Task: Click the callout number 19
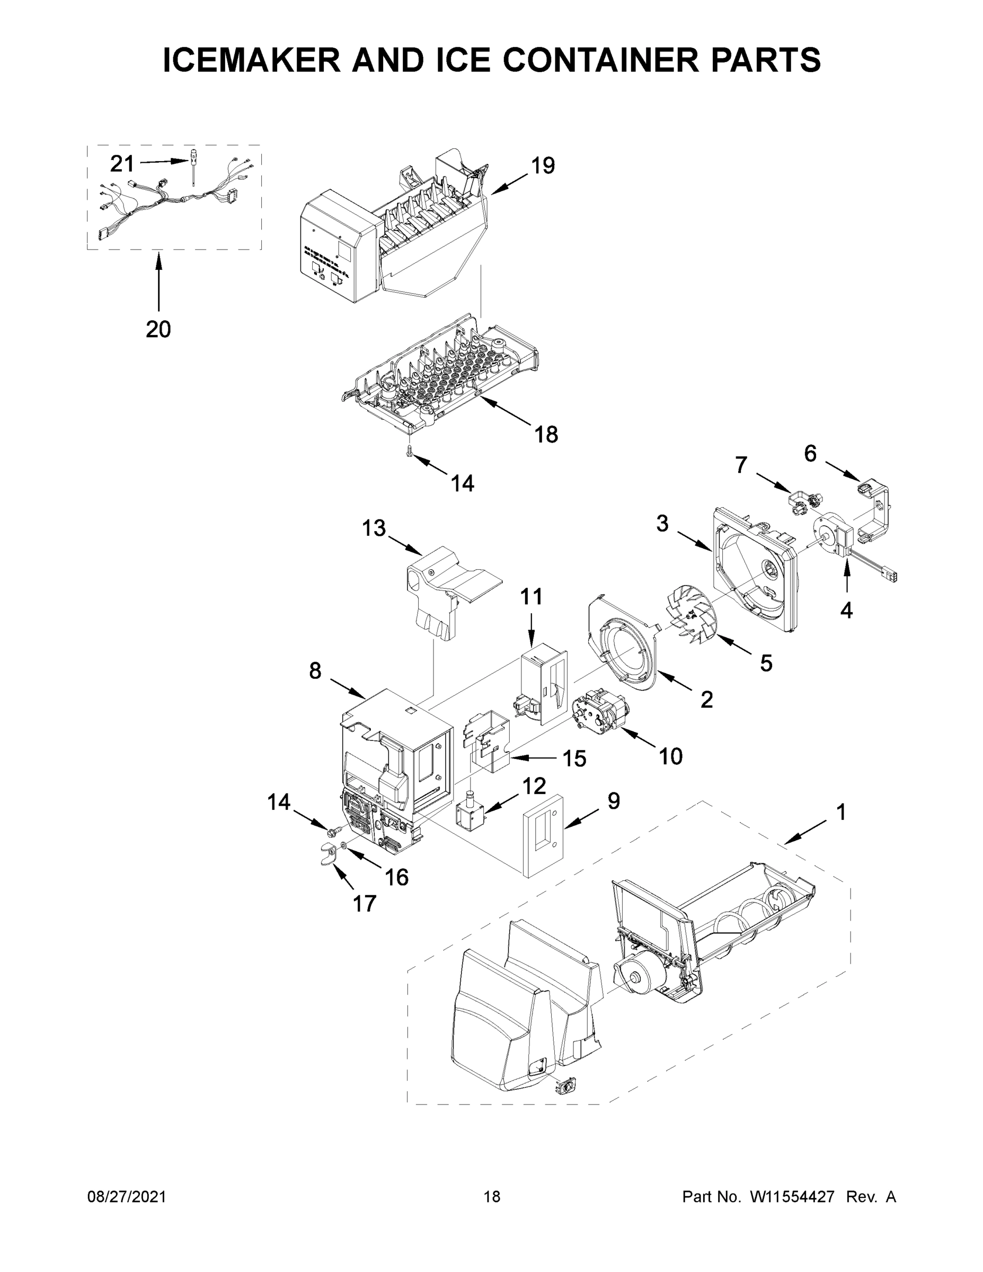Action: click(x=542, y=166)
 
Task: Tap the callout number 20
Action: click(x=158, y=330)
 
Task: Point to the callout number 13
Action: click(x=374, y=528)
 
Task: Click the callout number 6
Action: click(x=810, y=453)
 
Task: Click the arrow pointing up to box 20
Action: click(x=158, y=285)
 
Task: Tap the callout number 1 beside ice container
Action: click(x=840, y=812)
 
